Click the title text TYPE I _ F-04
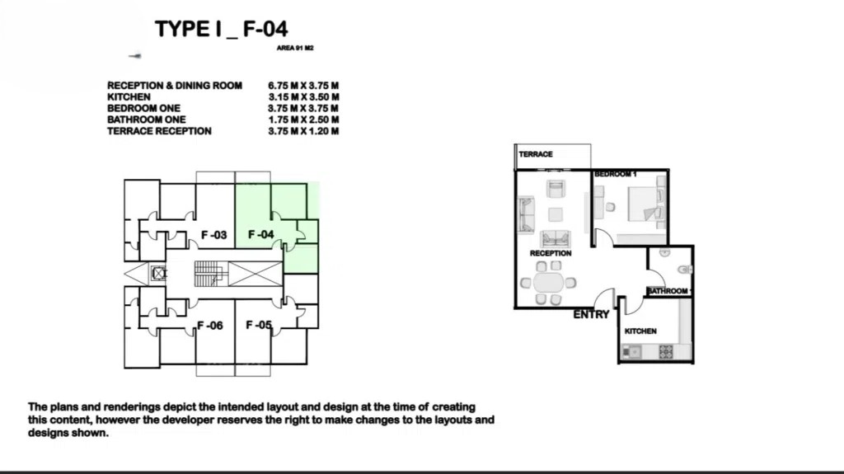tap(221, 29)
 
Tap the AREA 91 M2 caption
tap(295, 48)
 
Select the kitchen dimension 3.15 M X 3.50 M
tap(303, 97)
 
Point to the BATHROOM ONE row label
tap(147, 120)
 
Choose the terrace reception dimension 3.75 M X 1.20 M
tap(303, 131)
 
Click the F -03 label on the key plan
tap(213, 236)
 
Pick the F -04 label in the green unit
tap(261, 235)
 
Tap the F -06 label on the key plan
tap(210, 326)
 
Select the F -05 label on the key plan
tap(259, 326)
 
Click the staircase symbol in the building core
tap(208, 274)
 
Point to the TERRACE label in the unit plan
tap(536, 155)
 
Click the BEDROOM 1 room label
tap(615, 175)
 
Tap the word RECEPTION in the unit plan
tap(551, 253)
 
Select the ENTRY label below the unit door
tap(591, 315)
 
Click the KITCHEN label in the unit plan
tap(640, 331)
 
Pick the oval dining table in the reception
tap(548, 282)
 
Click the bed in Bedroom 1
tap(646, 204)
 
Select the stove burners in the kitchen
tap(666, 352)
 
